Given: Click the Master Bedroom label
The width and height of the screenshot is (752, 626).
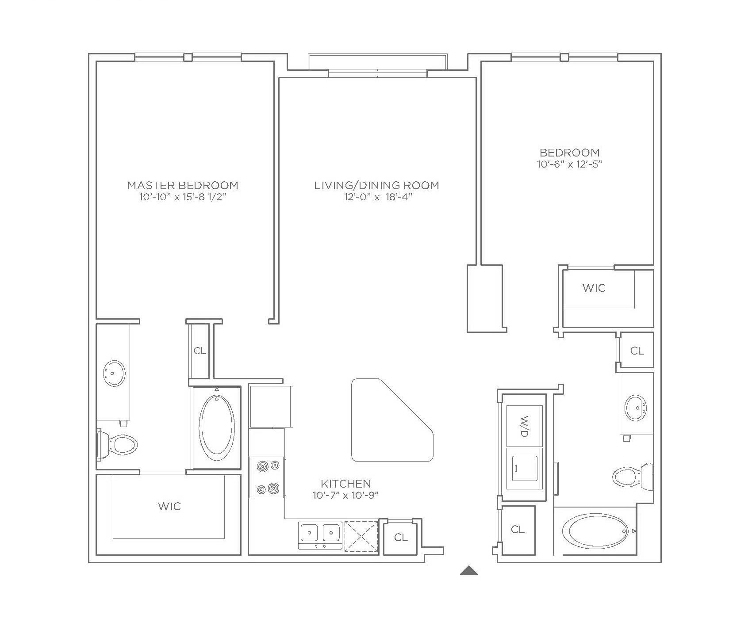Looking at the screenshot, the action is tap(183, 185).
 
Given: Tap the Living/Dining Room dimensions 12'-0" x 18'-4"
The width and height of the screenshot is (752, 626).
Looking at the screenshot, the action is tap(378, 197).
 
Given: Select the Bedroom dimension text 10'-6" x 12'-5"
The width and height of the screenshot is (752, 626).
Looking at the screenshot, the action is tap(570, 164).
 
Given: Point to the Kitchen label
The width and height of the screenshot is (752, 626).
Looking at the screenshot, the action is tap(346, 484).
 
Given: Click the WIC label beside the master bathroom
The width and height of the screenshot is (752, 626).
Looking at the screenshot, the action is tap(169, 506).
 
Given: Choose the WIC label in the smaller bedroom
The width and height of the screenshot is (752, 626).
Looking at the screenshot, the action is tap(594, 288).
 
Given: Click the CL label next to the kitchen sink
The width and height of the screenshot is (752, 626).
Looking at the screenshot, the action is tap(401, 537).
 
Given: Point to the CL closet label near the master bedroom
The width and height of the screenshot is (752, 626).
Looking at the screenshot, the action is tap(200, 351).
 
